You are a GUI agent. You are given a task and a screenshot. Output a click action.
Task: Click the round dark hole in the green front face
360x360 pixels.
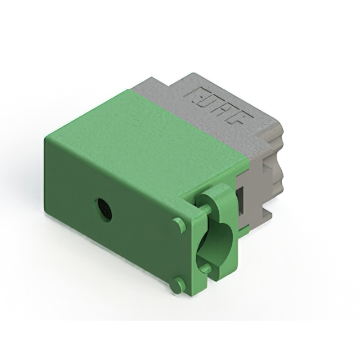[x=104, y=210]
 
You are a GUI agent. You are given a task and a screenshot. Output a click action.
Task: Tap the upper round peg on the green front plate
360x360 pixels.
[x=179, y=225]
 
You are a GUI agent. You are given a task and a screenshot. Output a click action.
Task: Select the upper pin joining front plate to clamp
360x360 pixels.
[x=206, y=209]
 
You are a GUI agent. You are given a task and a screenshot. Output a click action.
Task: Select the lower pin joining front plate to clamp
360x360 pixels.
[x=206, y=269]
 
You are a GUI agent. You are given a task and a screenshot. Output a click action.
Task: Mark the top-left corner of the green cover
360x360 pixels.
[x=45, y=136]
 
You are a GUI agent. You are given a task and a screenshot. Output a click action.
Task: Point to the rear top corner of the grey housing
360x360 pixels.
[x=180, y=73]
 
